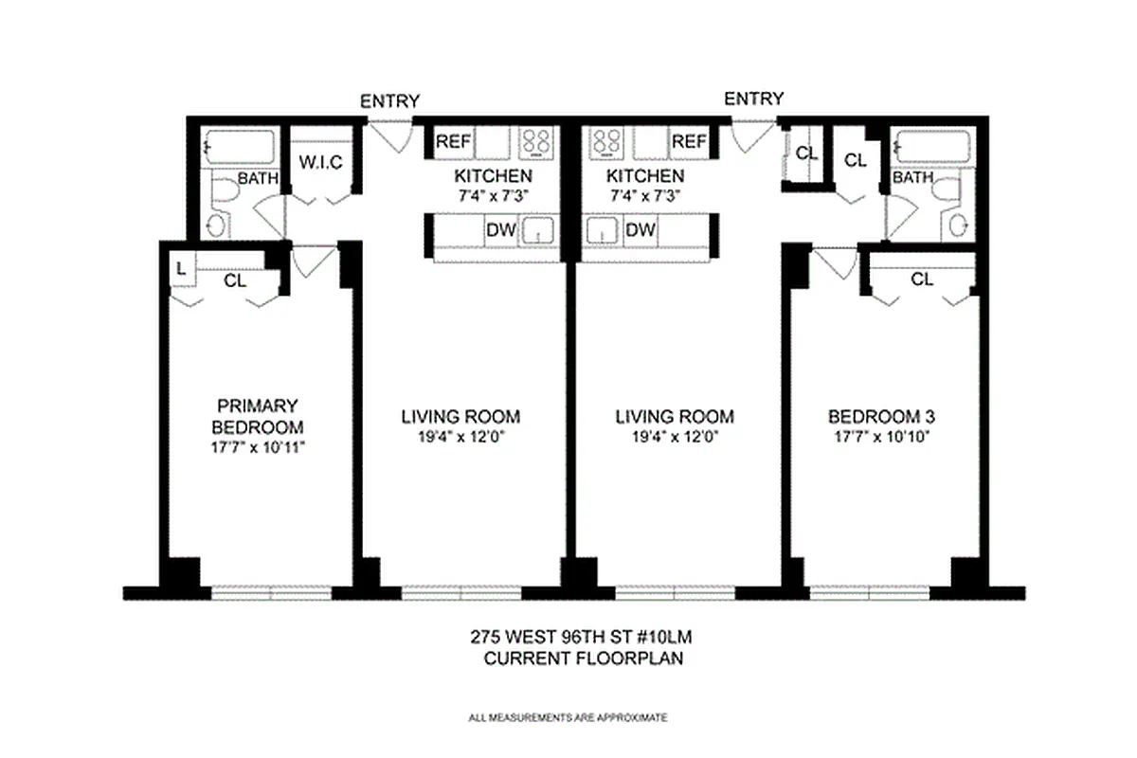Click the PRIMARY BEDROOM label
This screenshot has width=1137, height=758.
pyautogui.click(x=258, y=415)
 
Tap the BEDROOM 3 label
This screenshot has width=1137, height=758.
pyautogui.click(x=875, y=416)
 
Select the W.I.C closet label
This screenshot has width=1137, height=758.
pyautogui.click(x=320, y=163)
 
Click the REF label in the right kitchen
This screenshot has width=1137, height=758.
pyautogui.click(x=689, y=142)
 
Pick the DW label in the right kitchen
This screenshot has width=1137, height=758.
pyautogui.click(x=641, y=230)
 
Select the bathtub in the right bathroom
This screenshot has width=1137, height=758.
pyautogui.click(x=933, y=147)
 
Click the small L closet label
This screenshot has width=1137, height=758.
pyautogui.click(x=180, y=269)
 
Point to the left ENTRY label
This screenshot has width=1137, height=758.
pyautogui.click(x=389, y=101)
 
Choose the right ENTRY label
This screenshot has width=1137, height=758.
pyautogui.click(x=754, y=99)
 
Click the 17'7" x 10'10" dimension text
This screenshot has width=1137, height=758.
pyautogui.click(x=875, y=437)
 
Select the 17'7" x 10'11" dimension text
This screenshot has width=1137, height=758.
pyautogui.click(x=258, y=446)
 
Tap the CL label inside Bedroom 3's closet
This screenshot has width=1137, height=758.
pyautogui.click(x=921, y=280)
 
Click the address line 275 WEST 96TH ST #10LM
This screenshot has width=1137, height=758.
pyautogui.click(x=584, y=639)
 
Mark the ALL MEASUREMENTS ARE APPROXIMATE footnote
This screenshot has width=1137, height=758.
pyautogui.click(x=568, y=717)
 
